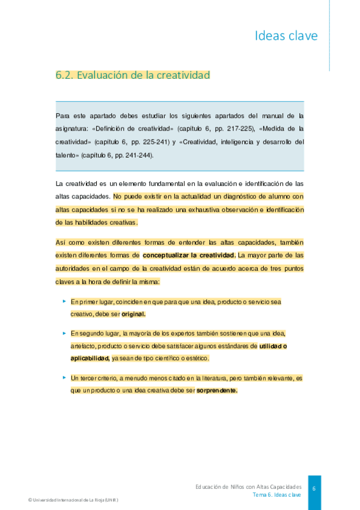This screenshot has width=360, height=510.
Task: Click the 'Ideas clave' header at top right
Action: click(x=286, y=36)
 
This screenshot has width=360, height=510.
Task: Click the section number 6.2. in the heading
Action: click(x=64, y=75)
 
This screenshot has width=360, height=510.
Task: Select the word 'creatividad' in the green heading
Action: click(x=183, y=75)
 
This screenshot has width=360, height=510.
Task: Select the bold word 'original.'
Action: click(x=133, y=314)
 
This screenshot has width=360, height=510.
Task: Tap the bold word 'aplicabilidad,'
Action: click(x=90, y=358)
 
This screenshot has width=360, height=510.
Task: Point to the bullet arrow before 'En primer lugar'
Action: click(x=64, y=301)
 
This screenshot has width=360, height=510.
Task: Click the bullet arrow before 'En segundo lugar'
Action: click(x=64, y=333)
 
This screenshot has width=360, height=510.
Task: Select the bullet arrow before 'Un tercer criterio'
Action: click(x=64, y=377)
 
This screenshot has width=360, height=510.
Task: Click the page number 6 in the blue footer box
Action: click(x=314, y=488)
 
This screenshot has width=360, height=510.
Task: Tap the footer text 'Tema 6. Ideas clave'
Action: click(x=276, y=494)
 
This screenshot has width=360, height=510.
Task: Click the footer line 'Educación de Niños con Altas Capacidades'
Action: click(x=248, y=485)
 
